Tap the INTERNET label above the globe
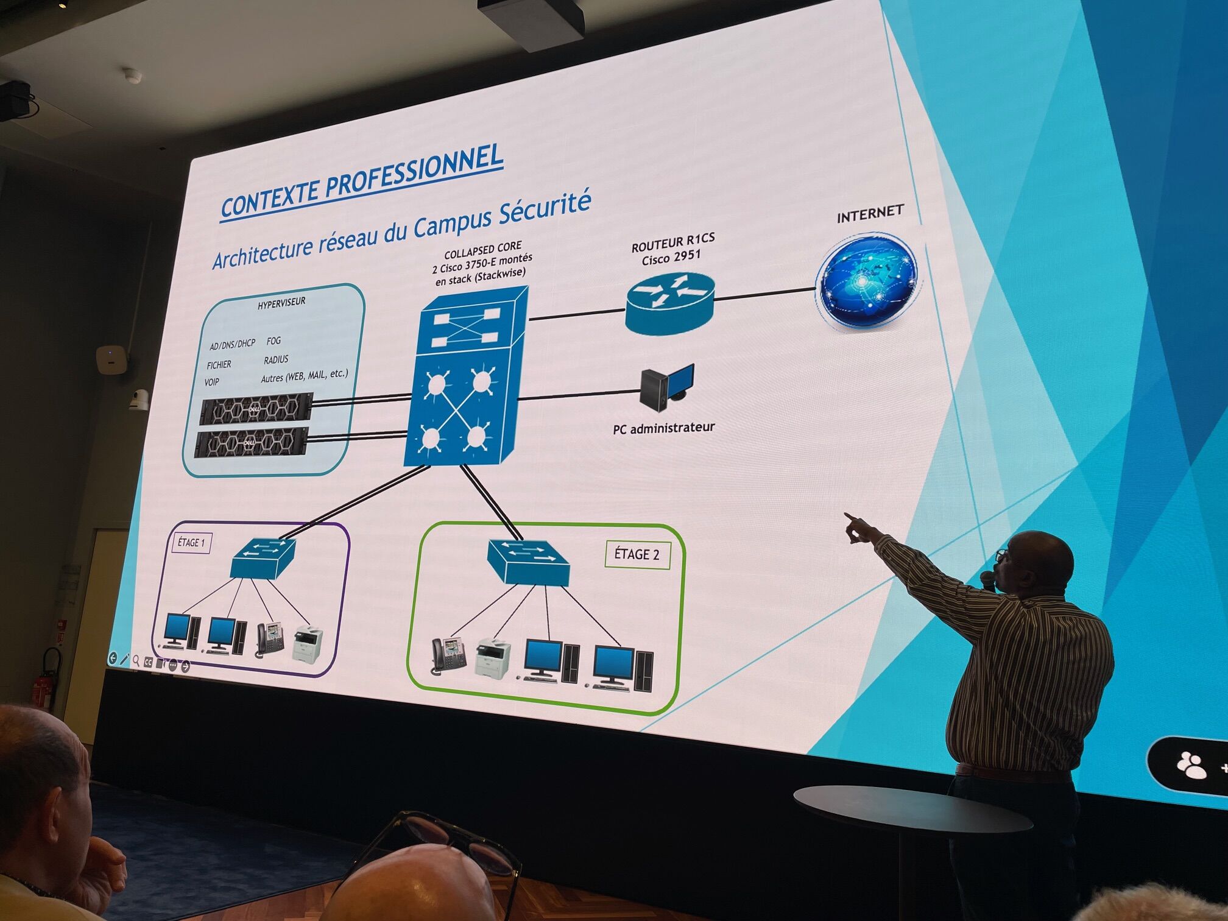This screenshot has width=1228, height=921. coord(869,214)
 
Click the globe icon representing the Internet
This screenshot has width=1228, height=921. coord(867,281)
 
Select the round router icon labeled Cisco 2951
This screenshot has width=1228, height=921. coord(669,302)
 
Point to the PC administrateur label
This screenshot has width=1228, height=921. coord(663,428)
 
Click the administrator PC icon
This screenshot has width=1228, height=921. coord(667,387)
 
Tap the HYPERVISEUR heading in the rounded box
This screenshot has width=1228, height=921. coord(281,303)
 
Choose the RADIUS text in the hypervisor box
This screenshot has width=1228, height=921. coord(276,359)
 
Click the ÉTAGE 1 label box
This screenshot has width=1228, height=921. coord(191,542)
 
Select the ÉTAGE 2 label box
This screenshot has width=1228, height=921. coord(637,554)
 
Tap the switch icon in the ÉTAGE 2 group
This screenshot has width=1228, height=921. coord(528,562)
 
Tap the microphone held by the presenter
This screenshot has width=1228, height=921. coord(987,579)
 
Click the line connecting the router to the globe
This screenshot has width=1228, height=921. coord(764,294)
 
